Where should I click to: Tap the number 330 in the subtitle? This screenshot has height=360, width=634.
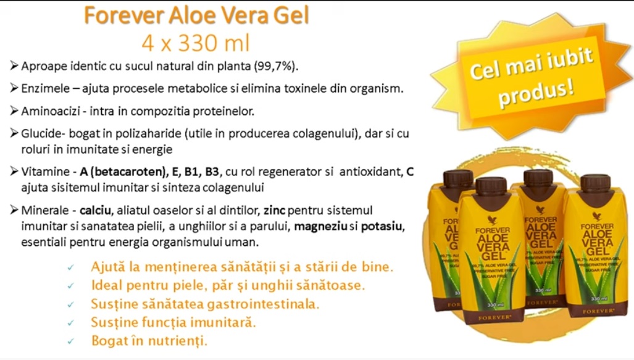tap(196, 43)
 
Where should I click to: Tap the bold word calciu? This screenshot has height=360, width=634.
tap(96, 211)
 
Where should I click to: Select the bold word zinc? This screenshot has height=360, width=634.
tap(274, 211)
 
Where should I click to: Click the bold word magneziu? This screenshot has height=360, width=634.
tap(320, 227)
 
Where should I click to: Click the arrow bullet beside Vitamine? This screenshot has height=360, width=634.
tap(14, 172)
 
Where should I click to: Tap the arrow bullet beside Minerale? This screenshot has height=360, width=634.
tap(14, 210)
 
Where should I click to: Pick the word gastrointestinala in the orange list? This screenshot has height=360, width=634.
tap(263, 304)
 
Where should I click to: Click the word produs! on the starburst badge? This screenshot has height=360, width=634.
tap(536, 93)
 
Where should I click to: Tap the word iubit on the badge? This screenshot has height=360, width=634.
tap(569, 61)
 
